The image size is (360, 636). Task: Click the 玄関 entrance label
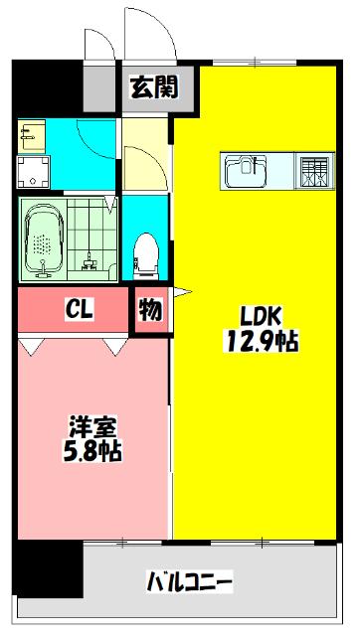tap(153, 89)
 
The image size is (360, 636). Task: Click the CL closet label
tap(80, 310)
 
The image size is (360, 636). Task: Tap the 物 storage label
tap(150, 310)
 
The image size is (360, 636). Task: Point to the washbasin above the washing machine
tap(29, 133)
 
